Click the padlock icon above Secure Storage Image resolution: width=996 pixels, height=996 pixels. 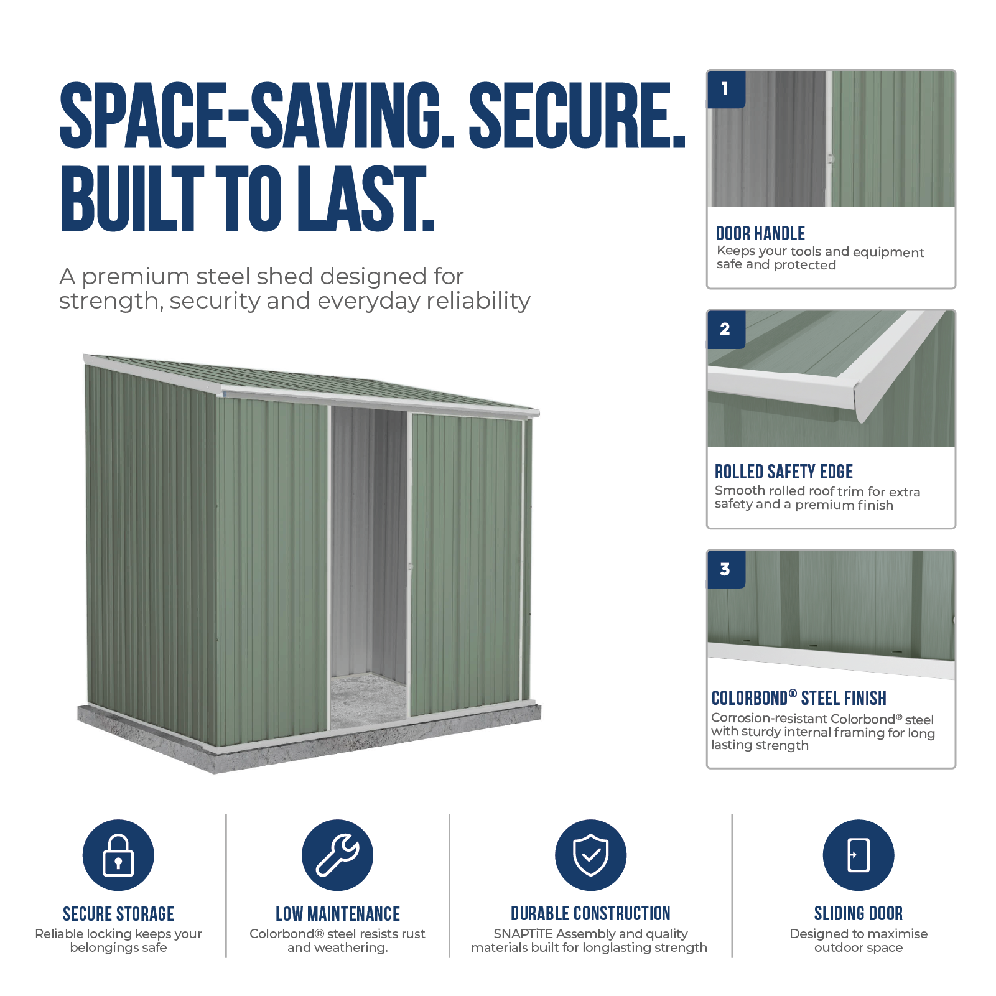click(x=118, y=855)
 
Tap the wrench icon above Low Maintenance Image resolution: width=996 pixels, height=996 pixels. click(x=337, y=855)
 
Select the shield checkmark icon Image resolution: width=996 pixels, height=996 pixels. click(x=590, y=855)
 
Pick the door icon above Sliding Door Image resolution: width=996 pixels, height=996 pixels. click(x=858, y=855)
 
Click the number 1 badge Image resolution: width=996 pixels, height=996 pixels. click(x=726, y=90)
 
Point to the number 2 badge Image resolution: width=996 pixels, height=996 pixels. click(x=726, y=330)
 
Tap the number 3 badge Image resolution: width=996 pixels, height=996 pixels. click(x=726, y=569)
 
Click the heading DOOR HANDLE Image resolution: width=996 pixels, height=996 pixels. click(x=760, y=233)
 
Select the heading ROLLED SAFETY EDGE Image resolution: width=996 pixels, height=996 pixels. click(x=783, y=472)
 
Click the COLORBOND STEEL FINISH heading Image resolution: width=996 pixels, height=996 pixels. click(x=799, y=698)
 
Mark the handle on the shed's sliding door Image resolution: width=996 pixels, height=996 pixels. click(x=409, y=566)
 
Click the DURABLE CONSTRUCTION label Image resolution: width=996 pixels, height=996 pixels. click(x=590, y=913)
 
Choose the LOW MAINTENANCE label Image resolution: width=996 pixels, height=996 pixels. click(x=338, y=914)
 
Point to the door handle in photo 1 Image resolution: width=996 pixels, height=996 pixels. click(x=831, y=159)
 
